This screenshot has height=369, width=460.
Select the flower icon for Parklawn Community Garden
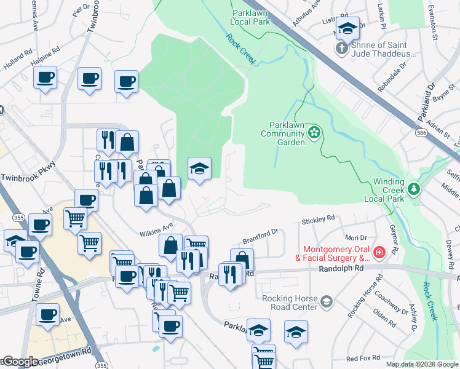(315, 132)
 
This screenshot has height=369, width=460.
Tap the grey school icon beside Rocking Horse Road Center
(327, 301)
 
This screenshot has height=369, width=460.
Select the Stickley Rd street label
(318, 219)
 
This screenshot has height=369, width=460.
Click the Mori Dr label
(355, 237)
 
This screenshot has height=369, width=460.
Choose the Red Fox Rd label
(362, 358)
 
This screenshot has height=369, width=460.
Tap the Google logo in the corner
(20, 362)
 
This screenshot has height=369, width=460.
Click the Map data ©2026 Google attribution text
(422, 364)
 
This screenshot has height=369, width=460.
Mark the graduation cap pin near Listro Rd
(347, 28)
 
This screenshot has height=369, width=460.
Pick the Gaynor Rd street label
(394, 241)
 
